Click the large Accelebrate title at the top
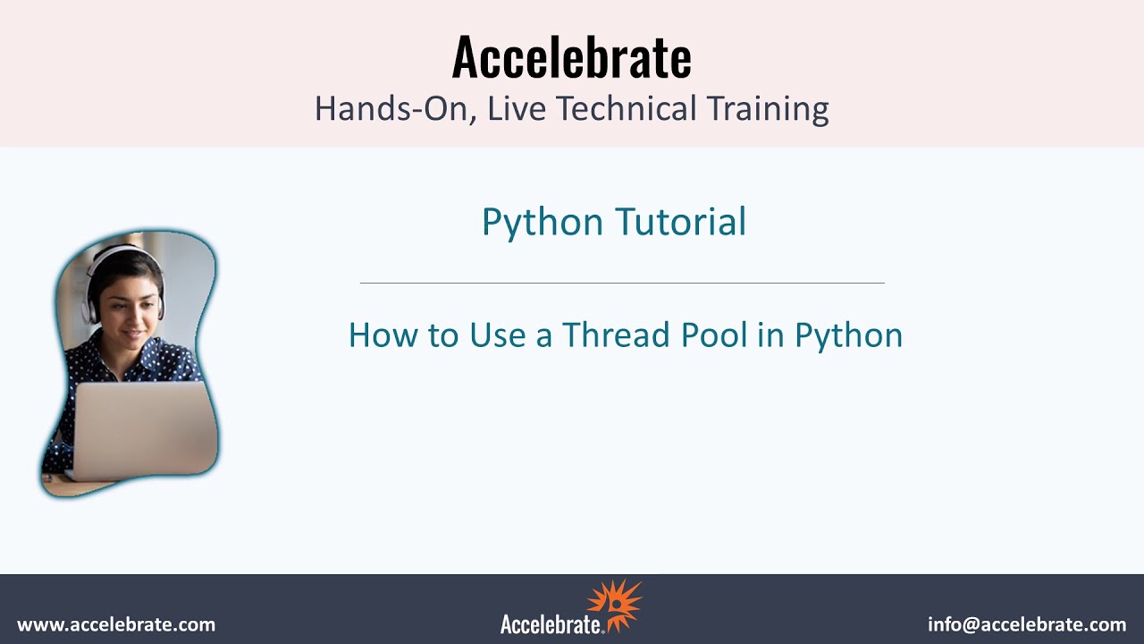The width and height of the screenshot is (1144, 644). pyautogui.click(x=571, y=57)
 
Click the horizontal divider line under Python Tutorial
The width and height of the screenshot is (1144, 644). pyautogui.click(x=622, y=283)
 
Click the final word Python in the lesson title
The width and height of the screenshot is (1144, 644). pyautogui.click(x=848, y=335)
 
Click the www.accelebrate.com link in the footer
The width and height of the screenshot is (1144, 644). pyautogui.click(x=116, y=624)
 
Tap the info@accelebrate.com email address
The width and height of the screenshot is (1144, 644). pyautogui.click(x=1027, y=624)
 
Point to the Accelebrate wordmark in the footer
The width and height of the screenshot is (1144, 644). pyautogui.click(x=551, y=623)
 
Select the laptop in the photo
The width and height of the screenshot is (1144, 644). pyautogui.click(x=143, y=429)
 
